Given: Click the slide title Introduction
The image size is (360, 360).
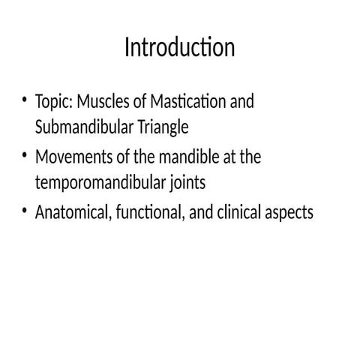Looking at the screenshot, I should [179, 48].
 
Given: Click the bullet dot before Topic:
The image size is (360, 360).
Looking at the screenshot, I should [25, 100].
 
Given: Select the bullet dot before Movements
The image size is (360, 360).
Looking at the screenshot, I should [25, 157].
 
